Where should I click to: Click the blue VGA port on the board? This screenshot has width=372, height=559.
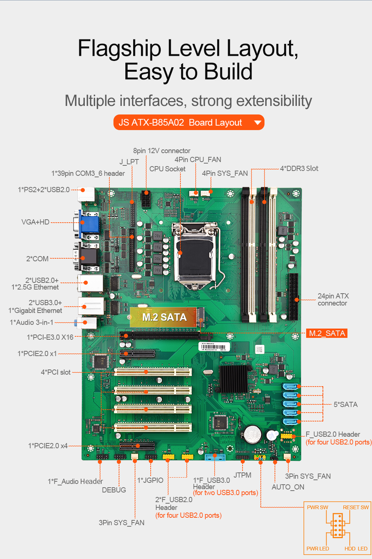(x=90, y=224)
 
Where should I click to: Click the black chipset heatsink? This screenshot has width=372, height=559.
(x=233, y=378)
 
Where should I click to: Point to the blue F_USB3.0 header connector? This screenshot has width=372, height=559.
(x=215, y=457)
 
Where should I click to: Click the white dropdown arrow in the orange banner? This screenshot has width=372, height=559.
(x=257, y=122)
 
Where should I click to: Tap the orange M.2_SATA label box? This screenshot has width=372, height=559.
(x=327, y=333)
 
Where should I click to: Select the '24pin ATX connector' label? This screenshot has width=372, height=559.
(x=333, y=300)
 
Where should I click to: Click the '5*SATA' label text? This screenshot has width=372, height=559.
(x=345, y=404)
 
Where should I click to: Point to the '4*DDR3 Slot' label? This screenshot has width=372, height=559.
(x=299, y=168)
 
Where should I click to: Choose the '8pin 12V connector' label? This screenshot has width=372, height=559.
(x=161, y=151)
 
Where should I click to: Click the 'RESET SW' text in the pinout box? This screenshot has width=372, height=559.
(x=356, y=507)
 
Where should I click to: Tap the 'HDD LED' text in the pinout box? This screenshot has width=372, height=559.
(x=356, y=549)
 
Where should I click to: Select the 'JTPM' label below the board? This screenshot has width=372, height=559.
(x=242, y=475)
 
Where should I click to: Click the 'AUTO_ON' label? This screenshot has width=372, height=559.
(x=288, y=487)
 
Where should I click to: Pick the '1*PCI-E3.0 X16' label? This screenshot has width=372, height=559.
(x=50, y=337)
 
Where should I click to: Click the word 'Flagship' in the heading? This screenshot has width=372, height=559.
(x=119, y=48)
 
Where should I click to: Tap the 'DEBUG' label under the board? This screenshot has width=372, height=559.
(x=114, y=490)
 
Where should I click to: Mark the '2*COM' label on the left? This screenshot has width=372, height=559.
(x=37, y=259)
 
